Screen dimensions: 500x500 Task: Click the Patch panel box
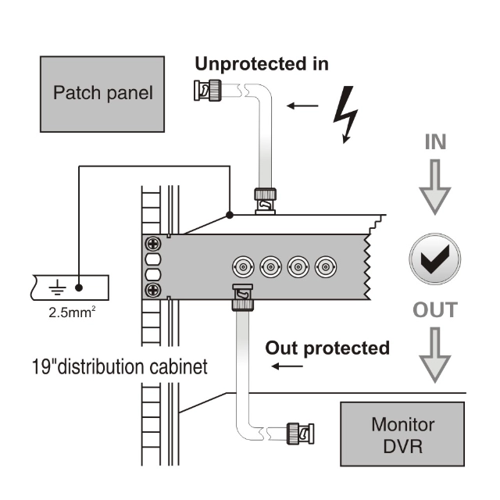[103, 93]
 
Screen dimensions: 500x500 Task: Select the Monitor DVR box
[402, 436]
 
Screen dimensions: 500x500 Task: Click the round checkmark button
[434, 258]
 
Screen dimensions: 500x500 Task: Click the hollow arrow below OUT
[434, 355]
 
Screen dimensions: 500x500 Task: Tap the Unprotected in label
[262, 63]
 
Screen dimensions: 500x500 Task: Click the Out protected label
[327, 348]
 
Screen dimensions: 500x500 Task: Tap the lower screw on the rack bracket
[153, 291]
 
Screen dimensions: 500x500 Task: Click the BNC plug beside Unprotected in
[206, 91]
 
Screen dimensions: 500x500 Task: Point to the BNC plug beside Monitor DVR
[298, 430]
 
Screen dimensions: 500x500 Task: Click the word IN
[434, 143]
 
